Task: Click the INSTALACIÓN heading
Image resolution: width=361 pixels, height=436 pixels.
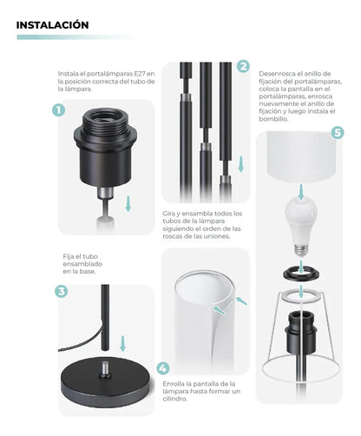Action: pyautogui.click(x=52, y=25)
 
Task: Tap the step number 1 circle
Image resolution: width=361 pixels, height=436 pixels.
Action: pyautogui.click(x=58, y=110)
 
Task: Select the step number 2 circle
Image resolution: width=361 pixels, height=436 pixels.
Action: pyautogui.click(x=243, y=66)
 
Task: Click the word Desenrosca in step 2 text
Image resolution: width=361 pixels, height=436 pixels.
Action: pyautogui.click(x=278, y=74)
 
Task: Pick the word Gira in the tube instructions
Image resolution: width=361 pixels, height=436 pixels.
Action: pyautogui.click(x=169, y=213)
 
